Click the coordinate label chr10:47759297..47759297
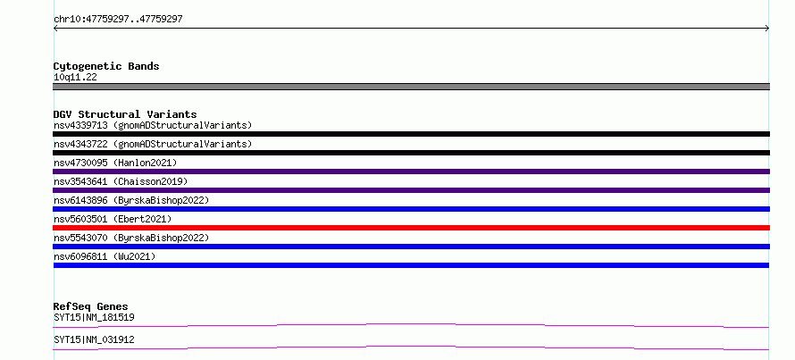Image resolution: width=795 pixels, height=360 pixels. [x=118, y=20]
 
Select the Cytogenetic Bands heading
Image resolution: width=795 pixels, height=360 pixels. [x=106, y=66]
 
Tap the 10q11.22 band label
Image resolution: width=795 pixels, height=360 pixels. [x=75, y=78]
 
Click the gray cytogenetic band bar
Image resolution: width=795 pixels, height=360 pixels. [x=411, y=87]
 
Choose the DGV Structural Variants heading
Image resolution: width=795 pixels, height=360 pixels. [x=125, y=114]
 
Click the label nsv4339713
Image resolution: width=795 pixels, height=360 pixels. [x=80, y=125]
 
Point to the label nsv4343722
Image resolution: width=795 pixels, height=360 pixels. [x=80, y=144]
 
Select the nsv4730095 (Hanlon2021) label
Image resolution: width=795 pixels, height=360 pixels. [x=115, y=163]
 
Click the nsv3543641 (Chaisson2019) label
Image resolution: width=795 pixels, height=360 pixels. [x=121, y=181]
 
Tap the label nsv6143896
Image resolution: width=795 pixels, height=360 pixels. [x=80, y=200]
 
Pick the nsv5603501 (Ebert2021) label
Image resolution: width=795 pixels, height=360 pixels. [x=113, y=219]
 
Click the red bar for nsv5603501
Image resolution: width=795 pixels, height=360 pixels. [x=411, y=228]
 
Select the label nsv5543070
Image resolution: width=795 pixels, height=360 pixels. [x=80, y=238]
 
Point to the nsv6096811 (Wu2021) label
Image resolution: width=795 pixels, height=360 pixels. [x=105, y=256]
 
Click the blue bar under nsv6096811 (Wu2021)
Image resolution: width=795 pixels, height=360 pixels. [x=411, y=265]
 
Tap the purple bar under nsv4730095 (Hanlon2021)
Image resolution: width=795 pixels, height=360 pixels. [x=411, y=172]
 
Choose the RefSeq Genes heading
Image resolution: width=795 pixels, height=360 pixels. [x=91, y=306]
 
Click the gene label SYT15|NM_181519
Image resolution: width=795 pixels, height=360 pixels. [x=94, y=318]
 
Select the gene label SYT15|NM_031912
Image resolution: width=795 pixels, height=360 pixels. [x=94, y=339]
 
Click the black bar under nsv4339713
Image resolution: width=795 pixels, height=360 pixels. [x=411, y=134]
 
